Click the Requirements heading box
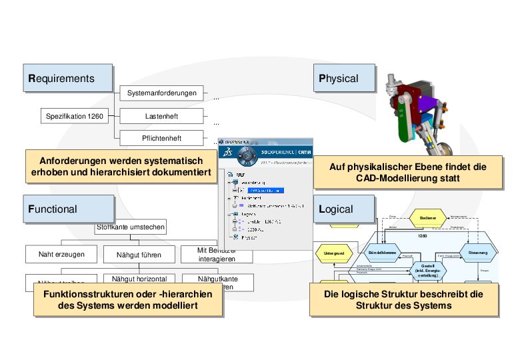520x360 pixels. (69, 78)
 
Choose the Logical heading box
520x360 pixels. (339, 209)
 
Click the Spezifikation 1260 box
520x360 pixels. (75, 117)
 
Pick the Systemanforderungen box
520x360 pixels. (162, 93)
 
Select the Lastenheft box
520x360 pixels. (162, 117)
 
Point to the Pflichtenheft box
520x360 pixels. (162, 139)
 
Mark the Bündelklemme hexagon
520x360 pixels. (382, 253)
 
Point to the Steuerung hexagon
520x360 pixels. (477, 253)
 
